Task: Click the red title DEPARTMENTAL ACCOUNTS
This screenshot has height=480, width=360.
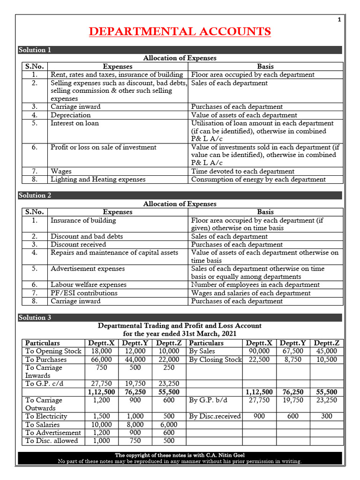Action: point(180,31)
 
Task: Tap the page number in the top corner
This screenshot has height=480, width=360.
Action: point(339,19)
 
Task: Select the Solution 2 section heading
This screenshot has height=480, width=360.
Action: point(35,195)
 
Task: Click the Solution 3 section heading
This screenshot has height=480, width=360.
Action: point(35,318)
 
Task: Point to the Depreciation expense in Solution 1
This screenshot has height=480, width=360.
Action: point(71,115)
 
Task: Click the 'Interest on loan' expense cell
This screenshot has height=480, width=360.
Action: point(75,123)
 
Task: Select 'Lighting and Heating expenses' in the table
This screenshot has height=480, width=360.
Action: point(98,179)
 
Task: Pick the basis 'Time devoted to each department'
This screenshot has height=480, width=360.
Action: point(243,171)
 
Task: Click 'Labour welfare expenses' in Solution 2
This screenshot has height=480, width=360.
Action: point(89,285)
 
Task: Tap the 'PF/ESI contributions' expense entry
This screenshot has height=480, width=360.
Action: point(84,293)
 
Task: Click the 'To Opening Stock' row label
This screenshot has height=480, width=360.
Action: point(53,351)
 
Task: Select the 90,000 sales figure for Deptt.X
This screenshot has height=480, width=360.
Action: point(259,351)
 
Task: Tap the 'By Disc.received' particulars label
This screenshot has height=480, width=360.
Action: point(215,416)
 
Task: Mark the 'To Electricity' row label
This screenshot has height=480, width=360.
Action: point(46,416)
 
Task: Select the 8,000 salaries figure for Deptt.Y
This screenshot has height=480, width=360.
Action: point(135,425)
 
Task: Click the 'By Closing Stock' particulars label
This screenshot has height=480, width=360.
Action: point(215,360)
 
